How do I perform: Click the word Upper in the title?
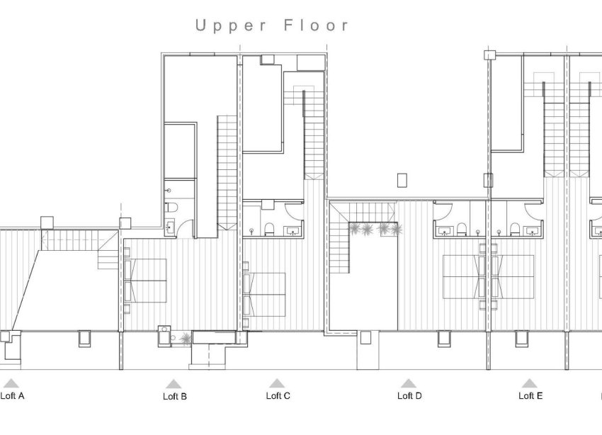pos(232,26)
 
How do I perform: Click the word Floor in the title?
pos(316,26)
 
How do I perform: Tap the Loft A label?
pos(13,396)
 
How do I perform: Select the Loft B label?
pos(175,397)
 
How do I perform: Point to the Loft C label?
pos(278,396)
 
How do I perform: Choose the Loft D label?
pos(409,396)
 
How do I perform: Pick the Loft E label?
pos(530,396)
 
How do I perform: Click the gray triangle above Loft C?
pos(276,383)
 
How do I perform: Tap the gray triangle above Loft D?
pos(408,383)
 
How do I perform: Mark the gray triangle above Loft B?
pos(175,383)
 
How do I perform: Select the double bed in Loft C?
pos(265,294)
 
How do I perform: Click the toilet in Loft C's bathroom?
pos(270,228)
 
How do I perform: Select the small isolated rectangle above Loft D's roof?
pos(402,179)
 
